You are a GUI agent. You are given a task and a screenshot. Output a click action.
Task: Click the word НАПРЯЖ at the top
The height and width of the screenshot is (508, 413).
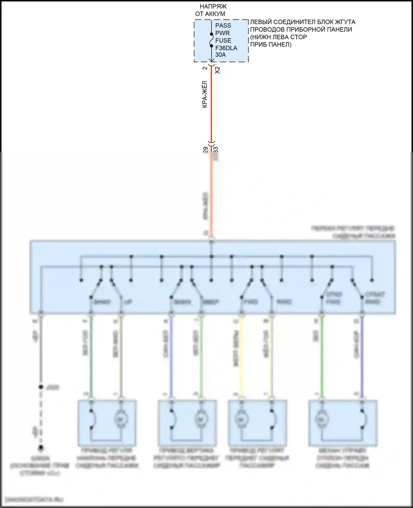point(213,6)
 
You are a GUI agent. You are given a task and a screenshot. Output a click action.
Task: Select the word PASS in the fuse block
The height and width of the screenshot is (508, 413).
point(223,26)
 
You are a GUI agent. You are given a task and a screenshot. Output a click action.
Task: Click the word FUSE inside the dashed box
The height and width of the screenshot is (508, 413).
point(223,40)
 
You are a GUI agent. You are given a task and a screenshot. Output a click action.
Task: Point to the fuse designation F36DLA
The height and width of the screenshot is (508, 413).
point(226,48)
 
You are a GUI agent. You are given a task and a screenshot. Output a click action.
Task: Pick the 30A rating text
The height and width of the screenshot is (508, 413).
point(221,55)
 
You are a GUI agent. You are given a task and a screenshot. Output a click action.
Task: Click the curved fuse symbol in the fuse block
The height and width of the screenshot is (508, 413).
point(211,40)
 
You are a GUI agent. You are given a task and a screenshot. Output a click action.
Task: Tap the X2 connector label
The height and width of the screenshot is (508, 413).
point(218,70)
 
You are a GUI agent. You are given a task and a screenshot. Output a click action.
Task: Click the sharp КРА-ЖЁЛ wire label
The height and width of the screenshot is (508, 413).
point(205,94)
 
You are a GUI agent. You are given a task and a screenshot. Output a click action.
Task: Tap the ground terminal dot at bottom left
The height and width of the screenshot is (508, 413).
point(41,448)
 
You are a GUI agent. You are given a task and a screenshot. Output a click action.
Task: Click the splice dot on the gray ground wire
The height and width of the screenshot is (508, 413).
point(41,387)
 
